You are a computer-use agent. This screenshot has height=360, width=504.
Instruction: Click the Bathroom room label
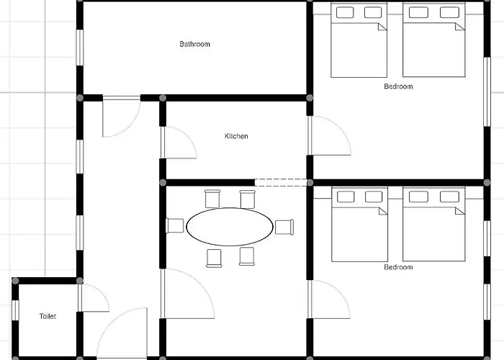(x=195, y=44)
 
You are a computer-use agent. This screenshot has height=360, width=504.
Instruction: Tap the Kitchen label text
(x=236, y=136)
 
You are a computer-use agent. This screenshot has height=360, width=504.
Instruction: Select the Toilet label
(x=48, y=316)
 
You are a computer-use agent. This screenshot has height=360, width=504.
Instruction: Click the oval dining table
(x=230, y=227)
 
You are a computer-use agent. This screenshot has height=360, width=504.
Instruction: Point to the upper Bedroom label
(x=398, y=86)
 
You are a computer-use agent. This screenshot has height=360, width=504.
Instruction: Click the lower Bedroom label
(x=398, y=267)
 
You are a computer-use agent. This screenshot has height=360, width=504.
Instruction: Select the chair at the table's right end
(x=284, y=227)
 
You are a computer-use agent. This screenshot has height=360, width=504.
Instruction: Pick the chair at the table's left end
(x=175, y=225)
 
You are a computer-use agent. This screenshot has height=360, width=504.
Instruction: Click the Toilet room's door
(x=93, y=298)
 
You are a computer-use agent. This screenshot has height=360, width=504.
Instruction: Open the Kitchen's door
(x=179, y=143)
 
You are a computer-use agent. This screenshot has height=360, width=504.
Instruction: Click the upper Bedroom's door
(x=329, y=135)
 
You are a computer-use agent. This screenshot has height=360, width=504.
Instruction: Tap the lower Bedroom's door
(x=328, y=300)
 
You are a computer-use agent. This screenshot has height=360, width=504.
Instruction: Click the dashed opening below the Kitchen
(x=281, y=183)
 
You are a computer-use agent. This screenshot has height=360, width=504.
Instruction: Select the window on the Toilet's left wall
(x=15, y=310)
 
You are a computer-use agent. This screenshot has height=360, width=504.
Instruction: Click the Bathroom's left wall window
(x=79, y=48)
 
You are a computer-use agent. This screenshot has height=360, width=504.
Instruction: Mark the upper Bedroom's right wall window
(x=487, y=92)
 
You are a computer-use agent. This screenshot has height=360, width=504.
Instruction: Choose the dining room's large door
(x=187, y=294)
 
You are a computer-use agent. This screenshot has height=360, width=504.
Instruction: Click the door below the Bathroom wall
(x=122, y=117)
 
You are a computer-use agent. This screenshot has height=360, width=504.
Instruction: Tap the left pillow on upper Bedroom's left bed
(x=345, y=12)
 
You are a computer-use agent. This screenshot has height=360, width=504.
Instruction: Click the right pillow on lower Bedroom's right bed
(x=449, y=197)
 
